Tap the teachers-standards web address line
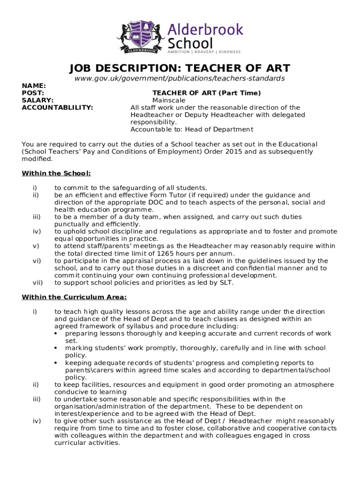[180, 79]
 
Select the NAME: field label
[34, 86]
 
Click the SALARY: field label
[38, 100]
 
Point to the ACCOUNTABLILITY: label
[58, 108]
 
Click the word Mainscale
[169, 100]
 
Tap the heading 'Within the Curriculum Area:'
[74, 297]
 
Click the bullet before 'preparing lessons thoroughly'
[56, 334]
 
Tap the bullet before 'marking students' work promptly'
[56, 348]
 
